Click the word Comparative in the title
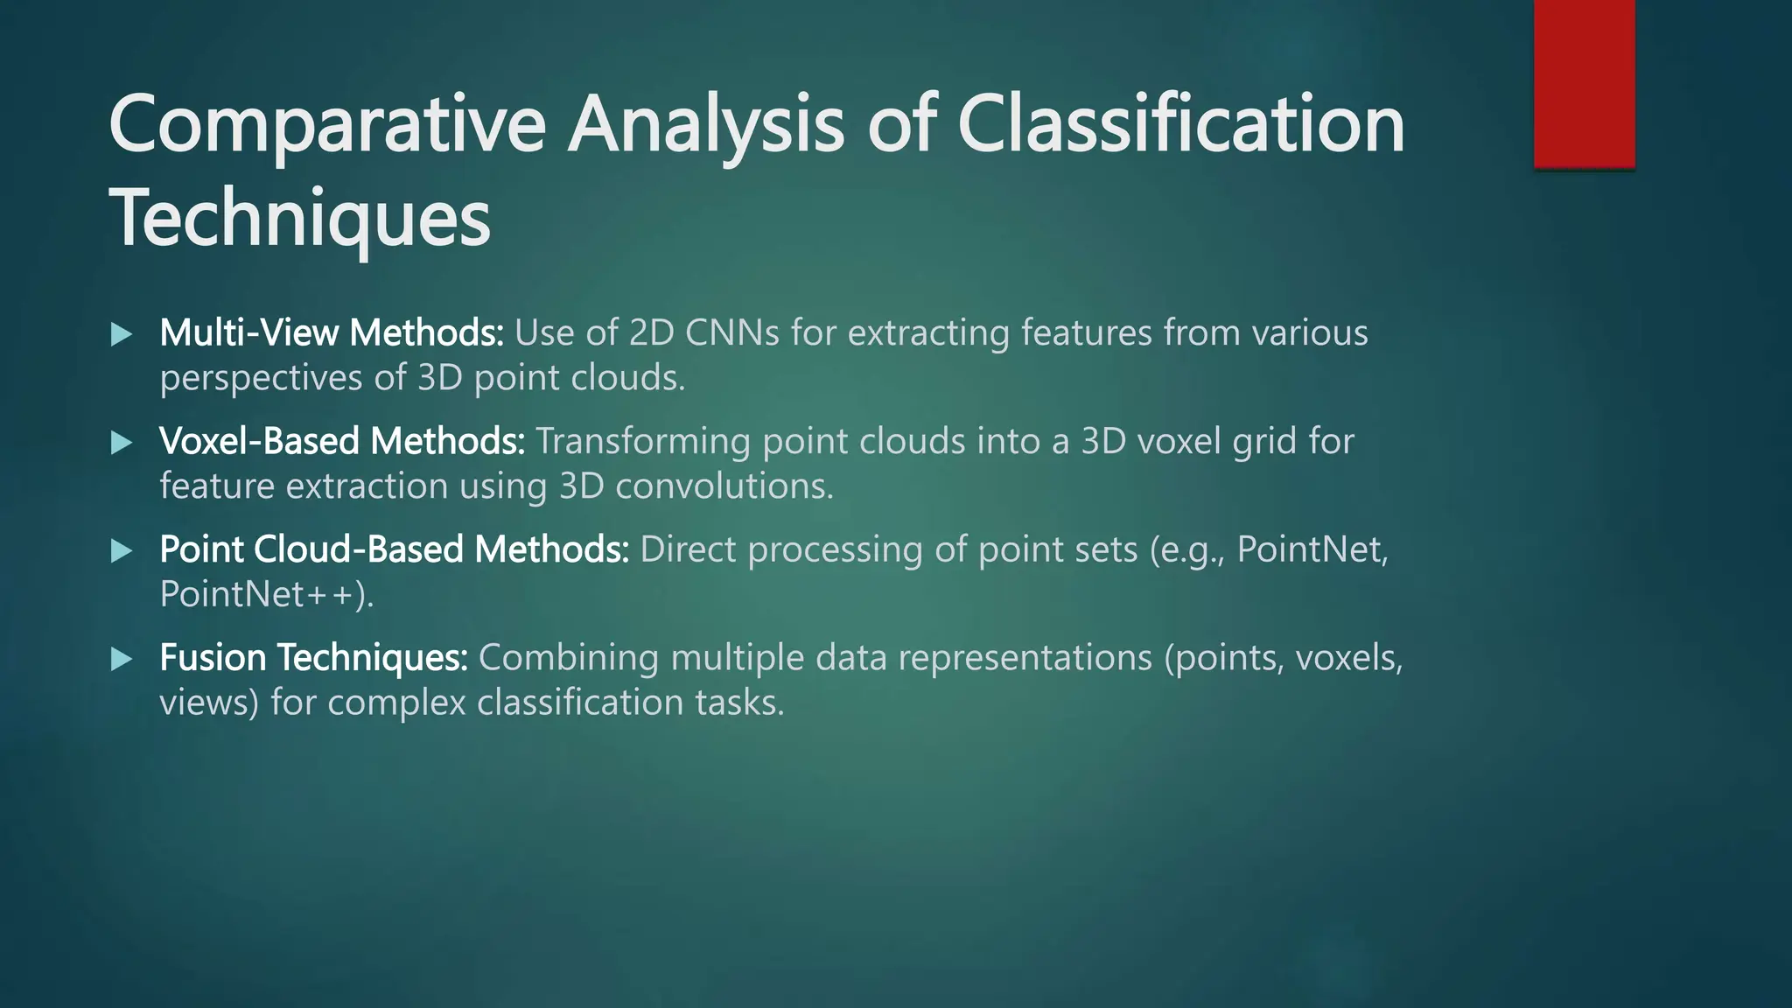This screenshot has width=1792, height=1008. pyautogui.click(x=326, y=125)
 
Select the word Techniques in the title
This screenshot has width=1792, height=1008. pyautogui.click(x=299, y=219)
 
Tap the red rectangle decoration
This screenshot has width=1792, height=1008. pyautogui.click(x=1584, y=83)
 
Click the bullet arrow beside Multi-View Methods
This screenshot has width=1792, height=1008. pyautogui.click(x=122, y=334)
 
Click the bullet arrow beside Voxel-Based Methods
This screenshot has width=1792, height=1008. pyautogui.click(x=122, y=443)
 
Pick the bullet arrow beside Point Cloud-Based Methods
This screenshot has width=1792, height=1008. pyautogui.click(x=122, y=551)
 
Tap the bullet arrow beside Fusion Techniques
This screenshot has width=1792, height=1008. pyautogui.click(x=122, y=659)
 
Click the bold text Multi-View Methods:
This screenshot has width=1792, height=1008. pyautogui.click(x=332, y=332)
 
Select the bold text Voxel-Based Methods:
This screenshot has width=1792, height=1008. pyautogui.click(x=342, y=441)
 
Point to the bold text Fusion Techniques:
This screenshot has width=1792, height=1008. pyautogui.click(x=314, y=657)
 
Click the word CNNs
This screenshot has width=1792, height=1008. pyautogui.click(x=731, y=332)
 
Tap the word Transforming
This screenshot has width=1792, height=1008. pyautogui.click(x=643, y=441)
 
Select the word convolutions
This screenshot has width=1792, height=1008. pyautogui.click(x=724, y=486)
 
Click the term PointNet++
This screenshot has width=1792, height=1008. pyautogui.click(x=266, y=594)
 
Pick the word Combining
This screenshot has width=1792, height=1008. pyautogui.click(x=569, y=657)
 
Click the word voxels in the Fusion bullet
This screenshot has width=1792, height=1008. pyautogui.click(x=1348, y=657)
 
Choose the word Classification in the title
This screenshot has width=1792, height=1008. pyautogui.click(x=1181, y=125)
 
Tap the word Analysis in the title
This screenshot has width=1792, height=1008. pyautogui.click(x=706, y=125)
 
